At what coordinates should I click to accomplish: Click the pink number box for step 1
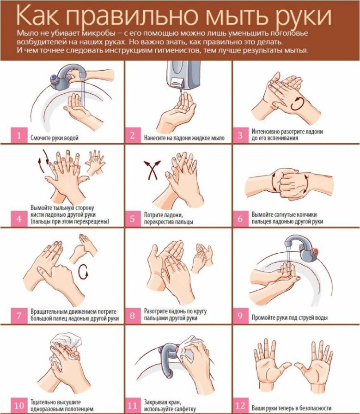point(19,135)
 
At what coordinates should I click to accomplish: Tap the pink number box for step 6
point(240,219)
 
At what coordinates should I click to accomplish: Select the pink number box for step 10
point(19,406)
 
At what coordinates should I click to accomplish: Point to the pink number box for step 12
point(240,406)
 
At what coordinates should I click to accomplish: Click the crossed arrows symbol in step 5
point(152,169)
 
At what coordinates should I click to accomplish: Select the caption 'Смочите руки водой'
point(55,138)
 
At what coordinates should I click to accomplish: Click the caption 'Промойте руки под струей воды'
point(289,317)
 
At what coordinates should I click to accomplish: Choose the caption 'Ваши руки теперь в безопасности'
point(291,408)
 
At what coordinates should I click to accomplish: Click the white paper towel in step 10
point(64,348)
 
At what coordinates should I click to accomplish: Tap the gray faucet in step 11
point(167,359)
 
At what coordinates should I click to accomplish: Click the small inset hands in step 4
point(96,162)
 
